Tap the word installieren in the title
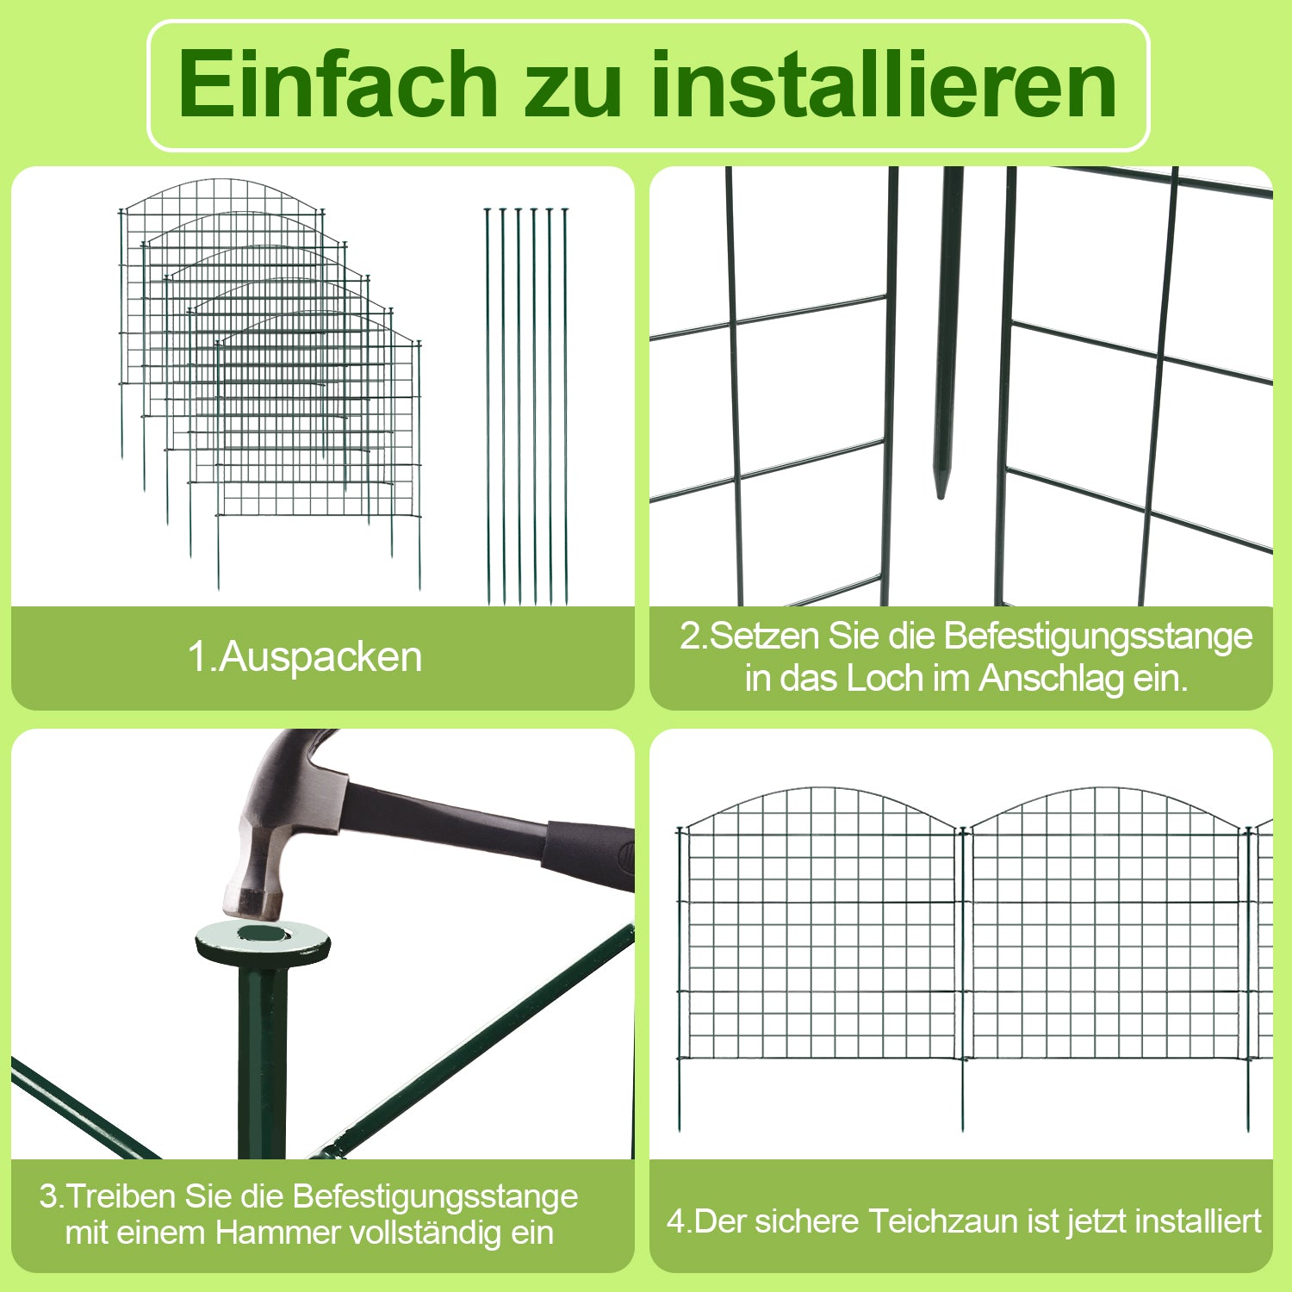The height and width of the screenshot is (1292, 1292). click(884, 84)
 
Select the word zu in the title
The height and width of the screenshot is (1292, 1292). click(574, 93)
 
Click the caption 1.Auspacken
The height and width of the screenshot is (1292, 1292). click(305, 657)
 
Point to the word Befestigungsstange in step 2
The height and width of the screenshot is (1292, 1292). click(1098, 637)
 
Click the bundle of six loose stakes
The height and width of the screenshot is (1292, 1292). click(526, 406)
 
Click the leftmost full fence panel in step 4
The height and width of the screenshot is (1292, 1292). click(819, 947)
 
